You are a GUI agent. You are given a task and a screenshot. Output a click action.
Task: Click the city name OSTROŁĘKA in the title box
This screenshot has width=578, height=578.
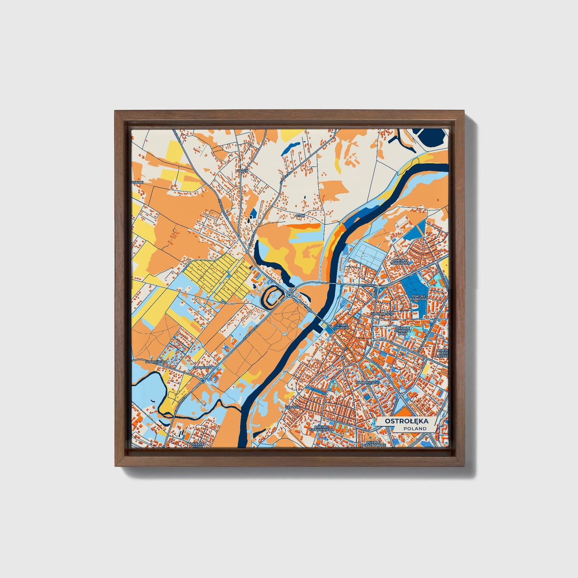[406, 421]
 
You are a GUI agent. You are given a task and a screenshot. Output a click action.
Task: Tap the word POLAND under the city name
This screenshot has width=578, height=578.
[415, 428]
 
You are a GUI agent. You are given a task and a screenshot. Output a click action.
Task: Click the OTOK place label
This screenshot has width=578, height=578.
[300, 216]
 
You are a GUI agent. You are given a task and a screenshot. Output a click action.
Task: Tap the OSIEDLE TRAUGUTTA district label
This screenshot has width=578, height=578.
[400, 262]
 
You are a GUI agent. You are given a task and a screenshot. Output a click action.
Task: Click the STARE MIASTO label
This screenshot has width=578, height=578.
[343, 327]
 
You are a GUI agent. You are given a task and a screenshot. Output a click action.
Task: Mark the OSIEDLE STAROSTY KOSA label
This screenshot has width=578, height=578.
[402, 330]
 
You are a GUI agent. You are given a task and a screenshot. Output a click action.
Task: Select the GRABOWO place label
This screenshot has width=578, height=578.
[202, 367]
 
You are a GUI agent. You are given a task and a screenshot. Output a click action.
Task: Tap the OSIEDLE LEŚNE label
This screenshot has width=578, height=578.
[198, 445]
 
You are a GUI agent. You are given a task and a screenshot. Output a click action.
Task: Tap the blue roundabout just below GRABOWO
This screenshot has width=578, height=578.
[203, 381]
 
